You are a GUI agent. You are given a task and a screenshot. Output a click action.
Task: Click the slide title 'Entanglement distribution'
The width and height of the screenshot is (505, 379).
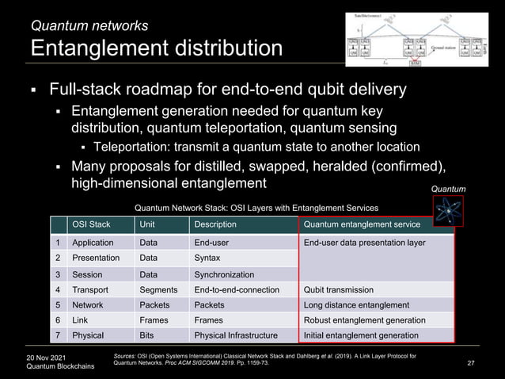(156, 48)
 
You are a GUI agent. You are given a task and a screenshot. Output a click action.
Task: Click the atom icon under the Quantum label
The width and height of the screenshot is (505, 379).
(447, 212)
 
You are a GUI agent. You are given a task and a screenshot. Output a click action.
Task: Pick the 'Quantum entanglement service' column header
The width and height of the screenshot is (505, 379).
(361, 224)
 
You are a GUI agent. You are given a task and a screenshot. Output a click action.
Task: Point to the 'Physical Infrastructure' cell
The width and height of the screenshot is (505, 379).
(236, 335)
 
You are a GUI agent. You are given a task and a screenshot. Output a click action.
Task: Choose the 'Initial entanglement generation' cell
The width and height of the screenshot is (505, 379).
(361, 335)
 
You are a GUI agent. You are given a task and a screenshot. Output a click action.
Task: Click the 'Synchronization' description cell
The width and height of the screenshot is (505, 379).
(225, 274)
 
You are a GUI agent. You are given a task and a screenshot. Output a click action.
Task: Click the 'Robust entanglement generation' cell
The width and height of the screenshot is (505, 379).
(364, 320)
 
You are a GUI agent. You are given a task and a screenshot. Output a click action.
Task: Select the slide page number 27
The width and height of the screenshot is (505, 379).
(472, 362)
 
